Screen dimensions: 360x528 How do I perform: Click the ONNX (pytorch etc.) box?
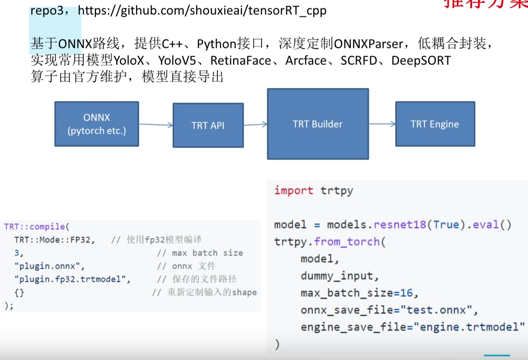97,124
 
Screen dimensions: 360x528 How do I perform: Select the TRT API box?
208,125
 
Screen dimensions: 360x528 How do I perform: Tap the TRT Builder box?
318,124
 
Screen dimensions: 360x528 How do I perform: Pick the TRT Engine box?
435,124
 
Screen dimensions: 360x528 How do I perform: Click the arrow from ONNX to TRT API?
156,125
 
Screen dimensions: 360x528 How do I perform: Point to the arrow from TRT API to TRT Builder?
255,124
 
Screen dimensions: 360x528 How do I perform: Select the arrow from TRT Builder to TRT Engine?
382,124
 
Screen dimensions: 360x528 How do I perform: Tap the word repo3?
46,11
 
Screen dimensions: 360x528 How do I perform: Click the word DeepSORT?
421,61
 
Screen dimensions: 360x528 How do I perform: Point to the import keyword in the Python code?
294,190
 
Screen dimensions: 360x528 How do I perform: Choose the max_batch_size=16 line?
360,293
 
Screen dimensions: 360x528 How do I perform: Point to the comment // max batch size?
200,253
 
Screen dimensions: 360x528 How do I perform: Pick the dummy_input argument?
340,276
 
